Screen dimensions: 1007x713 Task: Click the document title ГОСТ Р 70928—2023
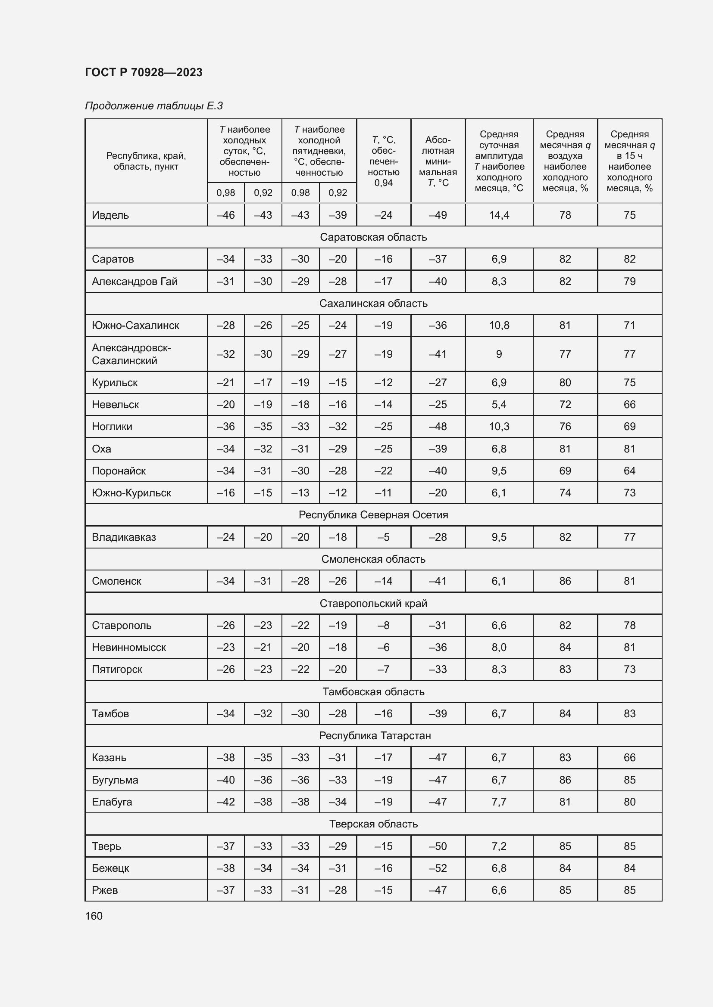coord(144,72)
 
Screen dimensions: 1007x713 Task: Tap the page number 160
coord(94,916)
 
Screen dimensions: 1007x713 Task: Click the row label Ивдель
coord(110,215)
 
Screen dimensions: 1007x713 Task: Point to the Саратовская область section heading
coord(373,237)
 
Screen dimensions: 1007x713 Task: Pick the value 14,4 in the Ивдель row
coord(499,215)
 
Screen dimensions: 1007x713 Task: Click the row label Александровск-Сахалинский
coord(131,354)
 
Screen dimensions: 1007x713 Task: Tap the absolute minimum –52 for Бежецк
coord(438,868)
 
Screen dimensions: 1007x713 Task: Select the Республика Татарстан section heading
coord(375,735)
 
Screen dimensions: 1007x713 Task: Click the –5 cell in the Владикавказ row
coord(383,537)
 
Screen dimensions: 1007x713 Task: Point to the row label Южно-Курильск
coord(131,493)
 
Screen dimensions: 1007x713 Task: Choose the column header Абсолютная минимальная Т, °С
coord(438,161)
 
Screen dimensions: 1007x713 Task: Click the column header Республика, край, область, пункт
coord(146,161)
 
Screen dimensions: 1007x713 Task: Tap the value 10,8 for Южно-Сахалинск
coord(499,325)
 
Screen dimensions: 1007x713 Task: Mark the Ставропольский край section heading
coord(373,604)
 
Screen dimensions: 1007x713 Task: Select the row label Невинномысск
coord(128,648)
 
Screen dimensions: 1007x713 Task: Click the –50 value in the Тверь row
coord(438,846)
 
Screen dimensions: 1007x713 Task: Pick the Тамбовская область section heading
coord(373,692)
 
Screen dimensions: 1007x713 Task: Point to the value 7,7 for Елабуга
coord(499,802)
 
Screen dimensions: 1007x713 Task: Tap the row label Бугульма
coord(115,780)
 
